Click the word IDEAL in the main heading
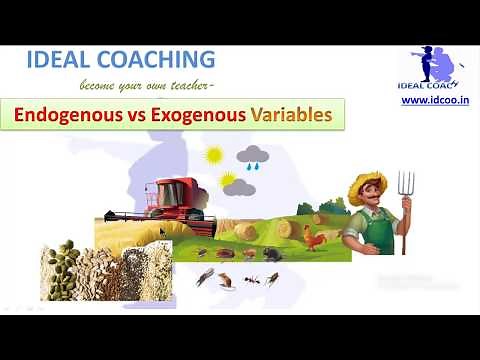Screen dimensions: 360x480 coord(62,59)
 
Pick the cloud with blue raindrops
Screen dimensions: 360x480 coord(252,157)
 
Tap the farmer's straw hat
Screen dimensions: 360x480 coord(367,183)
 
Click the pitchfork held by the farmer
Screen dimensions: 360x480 coord(404,200)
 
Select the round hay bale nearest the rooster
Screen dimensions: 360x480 coord(288,229)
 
